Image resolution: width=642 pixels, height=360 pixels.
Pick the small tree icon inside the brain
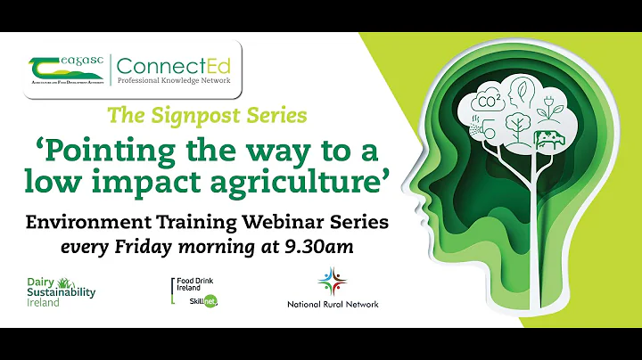point(516,124)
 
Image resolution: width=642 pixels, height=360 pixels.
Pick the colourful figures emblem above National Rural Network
point(332,280)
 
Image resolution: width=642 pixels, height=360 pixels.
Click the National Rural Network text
point(332,304)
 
